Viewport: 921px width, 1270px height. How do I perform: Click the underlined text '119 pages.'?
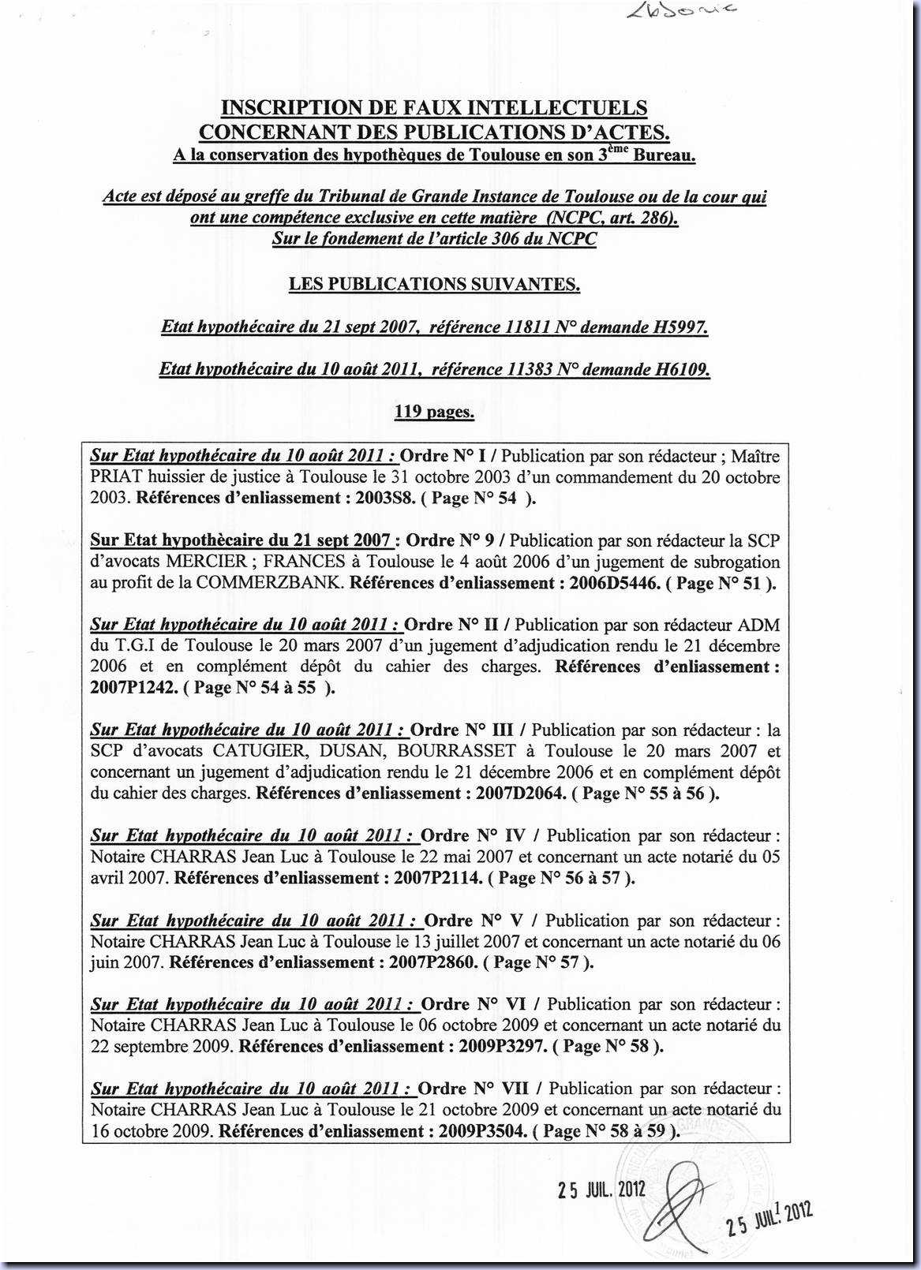(434, 411)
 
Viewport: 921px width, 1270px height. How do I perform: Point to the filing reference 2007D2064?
(521, 793)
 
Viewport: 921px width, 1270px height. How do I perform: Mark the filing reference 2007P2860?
(432, 962)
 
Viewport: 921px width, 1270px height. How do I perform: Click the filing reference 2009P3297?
(501, 1046)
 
